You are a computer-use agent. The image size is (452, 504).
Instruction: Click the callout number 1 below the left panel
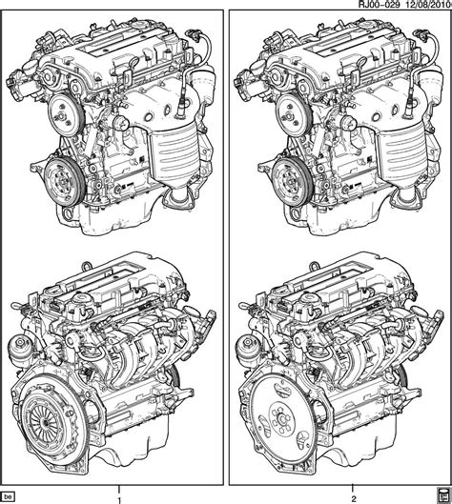119,500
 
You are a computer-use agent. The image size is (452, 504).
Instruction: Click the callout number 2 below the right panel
354,500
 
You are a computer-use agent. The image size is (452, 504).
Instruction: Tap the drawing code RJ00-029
379,5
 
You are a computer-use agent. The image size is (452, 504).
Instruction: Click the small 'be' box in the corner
9,496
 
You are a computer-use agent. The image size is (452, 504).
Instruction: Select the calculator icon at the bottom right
443,497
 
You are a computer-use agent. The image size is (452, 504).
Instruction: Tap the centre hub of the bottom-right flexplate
282,418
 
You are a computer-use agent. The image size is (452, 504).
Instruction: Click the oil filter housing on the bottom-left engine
20,350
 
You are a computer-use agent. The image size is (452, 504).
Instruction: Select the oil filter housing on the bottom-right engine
247,350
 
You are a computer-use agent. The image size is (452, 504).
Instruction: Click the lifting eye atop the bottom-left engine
86,267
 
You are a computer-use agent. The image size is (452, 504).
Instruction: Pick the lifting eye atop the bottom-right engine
314,267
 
